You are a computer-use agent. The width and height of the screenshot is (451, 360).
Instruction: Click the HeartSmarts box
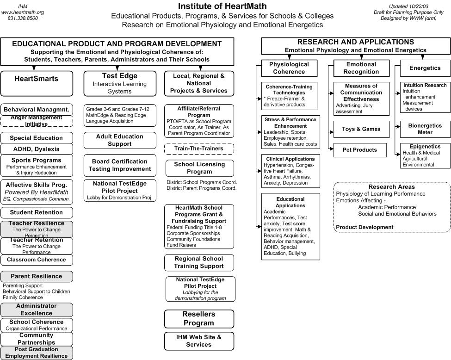point(37,83)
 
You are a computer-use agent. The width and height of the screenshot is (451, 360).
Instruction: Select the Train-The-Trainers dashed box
point(199,149)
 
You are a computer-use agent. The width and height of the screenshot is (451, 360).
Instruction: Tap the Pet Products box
point(360,150)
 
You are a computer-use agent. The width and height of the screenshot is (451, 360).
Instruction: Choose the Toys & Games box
point(361,129)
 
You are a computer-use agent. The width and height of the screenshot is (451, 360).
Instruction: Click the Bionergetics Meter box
point(425,129)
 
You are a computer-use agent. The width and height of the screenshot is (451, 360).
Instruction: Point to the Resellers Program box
point(199,319)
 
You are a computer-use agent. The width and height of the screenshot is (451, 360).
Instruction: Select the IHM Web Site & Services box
point(199,341)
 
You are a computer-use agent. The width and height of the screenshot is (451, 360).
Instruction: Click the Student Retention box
point(37,213)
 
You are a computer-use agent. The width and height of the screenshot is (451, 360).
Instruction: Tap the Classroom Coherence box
point(37,260)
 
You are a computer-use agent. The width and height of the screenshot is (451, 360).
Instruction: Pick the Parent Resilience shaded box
point(37,277)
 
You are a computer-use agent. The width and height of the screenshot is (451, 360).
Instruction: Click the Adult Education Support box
point(120,140)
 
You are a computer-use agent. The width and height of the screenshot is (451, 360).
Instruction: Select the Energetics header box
point(425,68)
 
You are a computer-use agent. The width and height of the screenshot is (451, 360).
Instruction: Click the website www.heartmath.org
point(23,12)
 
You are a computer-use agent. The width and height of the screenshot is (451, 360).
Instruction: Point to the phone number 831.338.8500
point(23,18)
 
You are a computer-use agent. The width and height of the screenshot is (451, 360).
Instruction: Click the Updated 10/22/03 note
point(408,6)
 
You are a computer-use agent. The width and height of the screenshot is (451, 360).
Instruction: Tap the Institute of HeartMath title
point(222,6)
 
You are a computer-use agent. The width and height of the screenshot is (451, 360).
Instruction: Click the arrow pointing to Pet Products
point(331,149)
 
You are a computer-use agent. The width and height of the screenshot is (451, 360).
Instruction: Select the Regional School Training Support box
point(199,263)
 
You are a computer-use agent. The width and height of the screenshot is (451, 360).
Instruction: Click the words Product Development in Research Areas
point(365,227)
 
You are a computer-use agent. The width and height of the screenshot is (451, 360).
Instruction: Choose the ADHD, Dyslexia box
point(37,149)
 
